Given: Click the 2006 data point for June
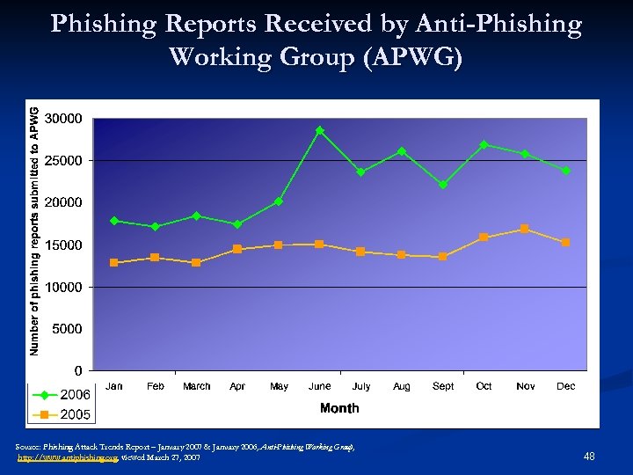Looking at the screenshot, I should tap(320, 130).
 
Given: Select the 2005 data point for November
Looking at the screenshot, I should tap(525, 229).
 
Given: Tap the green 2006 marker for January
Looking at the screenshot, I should tap(114, 221).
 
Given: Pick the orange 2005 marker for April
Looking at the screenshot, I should tap(237, 249).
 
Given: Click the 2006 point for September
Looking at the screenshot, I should tap(443, 185).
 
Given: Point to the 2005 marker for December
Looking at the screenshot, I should tap(566, 242).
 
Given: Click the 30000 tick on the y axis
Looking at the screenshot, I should tap(64, 118).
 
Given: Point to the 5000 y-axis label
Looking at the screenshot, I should tap(68, 329).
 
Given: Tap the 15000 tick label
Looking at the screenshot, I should tap(64, 245).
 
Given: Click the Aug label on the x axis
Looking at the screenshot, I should tap(402, 386).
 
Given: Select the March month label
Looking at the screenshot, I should tap(196, 386).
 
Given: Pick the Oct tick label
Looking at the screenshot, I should tap(484, 386).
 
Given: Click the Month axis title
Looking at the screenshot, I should tap(339, 408).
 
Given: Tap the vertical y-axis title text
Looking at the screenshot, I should tap(34, 231).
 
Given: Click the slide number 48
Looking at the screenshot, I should tap(589, 456).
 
